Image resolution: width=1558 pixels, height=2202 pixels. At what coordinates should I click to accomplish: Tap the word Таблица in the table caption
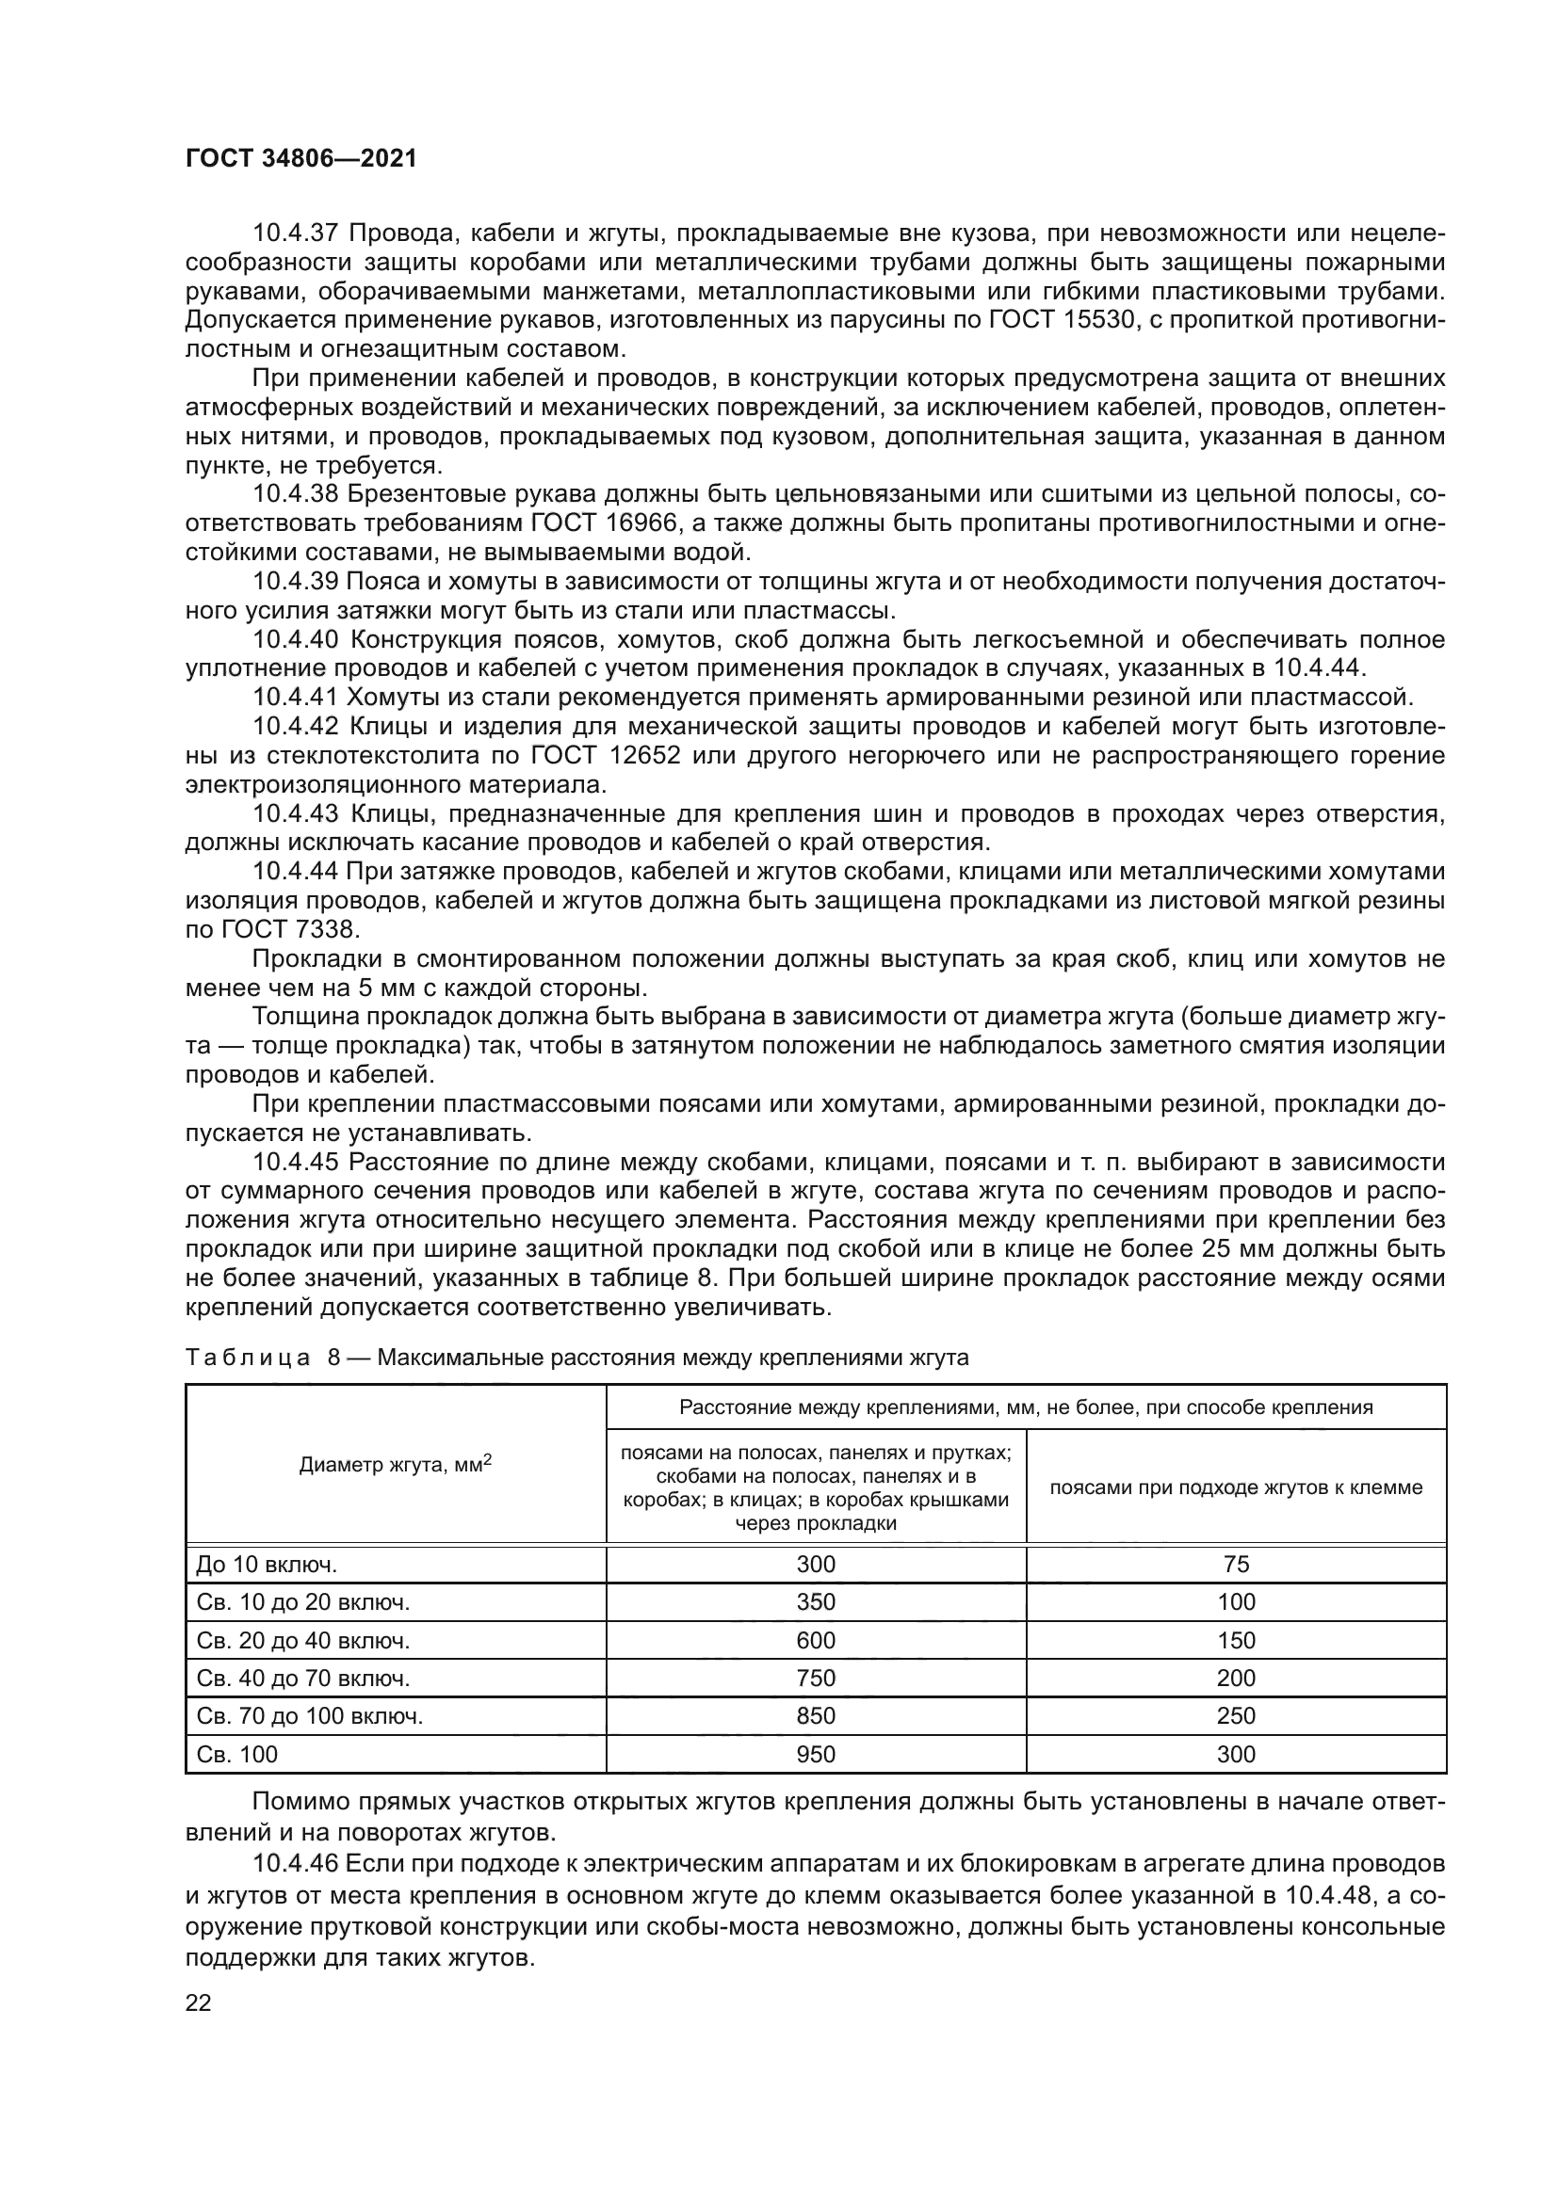tap(248, 1358)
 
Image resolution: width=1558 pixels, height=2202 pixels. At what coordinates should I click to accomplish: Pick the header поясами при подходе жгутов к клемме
tap(1236, 1487)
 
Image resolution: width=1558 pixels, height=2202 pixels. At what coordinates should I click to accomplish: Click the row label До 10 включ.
tap(266, 1565)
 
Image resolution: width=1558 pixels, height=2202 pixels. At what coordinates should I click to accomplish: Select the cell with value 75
tap(1236, 1565)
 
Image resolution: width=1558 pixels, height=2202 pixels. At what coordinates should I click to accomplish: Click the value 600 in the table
tap(816, 1640)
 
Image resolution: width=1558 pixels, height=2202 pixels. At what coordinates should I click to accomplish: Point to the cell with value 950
tap(816, 1754)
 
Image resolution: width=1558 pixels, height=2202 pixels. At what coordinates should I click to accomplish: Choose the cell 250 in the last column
tap(1236, 1716)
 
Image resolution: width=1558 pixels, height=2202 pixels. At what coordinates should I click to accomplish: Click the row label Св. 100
tap(237, 1754)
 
